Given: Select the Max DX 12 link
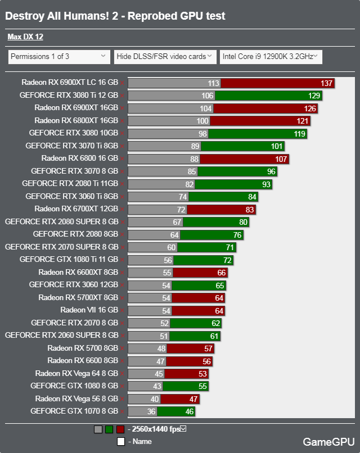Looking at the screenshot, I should [x=25, y=37].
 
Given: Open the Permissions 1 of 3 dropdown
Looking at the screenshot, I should [x=59, y=56].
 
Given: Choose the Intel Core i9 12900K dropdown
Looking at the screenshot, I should [x=271, y=56].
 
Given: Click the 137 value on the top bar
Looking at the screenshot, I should [x=327, y=83].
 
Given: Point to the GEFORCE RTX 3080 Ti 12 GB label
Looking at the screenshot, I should [x=69, y=96].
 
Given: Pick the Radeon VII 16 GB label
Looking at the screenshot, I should [x=89, y=310].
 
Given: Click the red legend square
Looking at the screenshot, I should [x=120, y=429].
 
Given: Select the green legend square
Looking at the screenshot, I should [x=109, y=429].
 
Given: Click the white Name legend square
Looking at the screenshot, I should [x=120, y=441].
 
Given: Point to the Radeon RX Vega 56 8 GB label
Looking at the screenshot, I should [x=76, y=398].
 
